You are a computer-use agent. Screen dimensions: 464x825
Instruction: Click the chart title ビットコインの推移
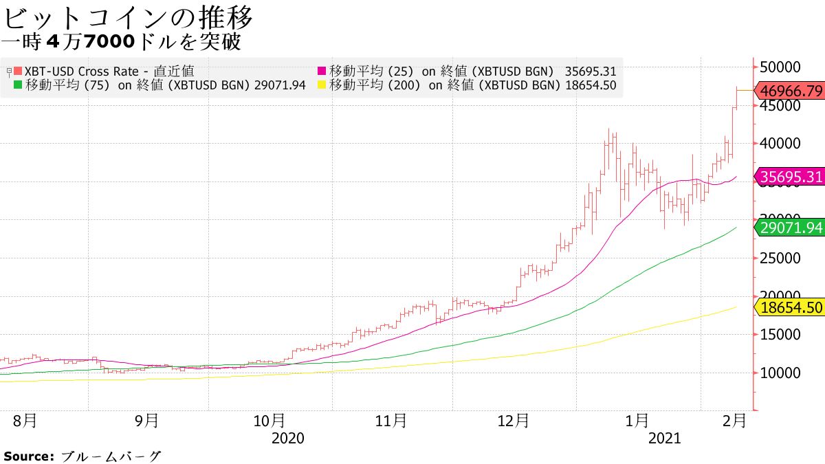point(128,16)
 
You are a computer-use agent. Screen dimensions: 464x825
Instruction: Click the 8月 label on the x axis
point(25,420)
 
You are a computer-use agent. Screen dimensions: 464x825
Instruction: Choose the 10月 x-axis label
point(269,420)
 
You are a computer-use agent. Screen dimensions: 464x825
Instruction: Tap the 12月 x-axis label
point(513,420)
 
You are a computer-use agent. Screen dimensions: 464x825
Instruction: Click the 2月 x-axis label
point(735,420)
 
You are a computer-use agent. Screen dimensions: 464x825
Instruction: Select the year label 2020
point(288,438)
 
